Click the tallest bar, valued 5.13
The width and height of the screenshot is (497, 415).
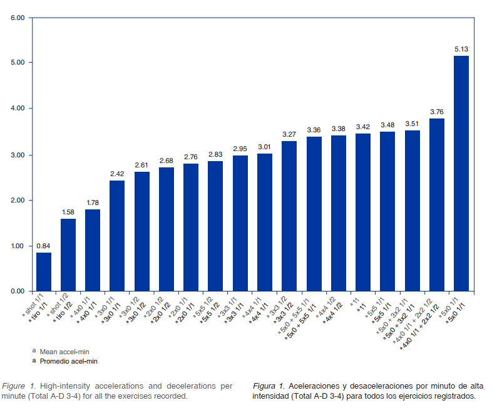(x=461, y=173)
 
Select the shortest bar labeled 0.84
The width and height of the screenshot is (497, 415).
(x=44, y=271)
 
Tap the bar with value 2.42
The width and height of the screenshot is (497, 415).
(x=117, y=235)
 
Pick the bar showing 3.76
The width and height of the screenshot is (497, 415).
(x=436, y=204)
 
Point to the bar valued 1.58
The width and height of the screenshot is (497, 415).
(x=68, y=255)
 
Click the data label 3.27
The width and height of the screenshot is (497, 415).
(x=289, y=134)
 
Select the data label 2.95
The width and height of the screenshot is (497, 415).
(x=240, y=149)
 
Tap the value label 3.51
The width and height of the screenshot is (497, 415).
(x=412, y=123)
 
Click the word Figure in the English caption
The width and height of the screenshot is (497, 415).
(x=14, y=385)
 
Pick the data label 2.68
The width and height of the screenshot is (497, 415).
(x=167, y=160)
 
